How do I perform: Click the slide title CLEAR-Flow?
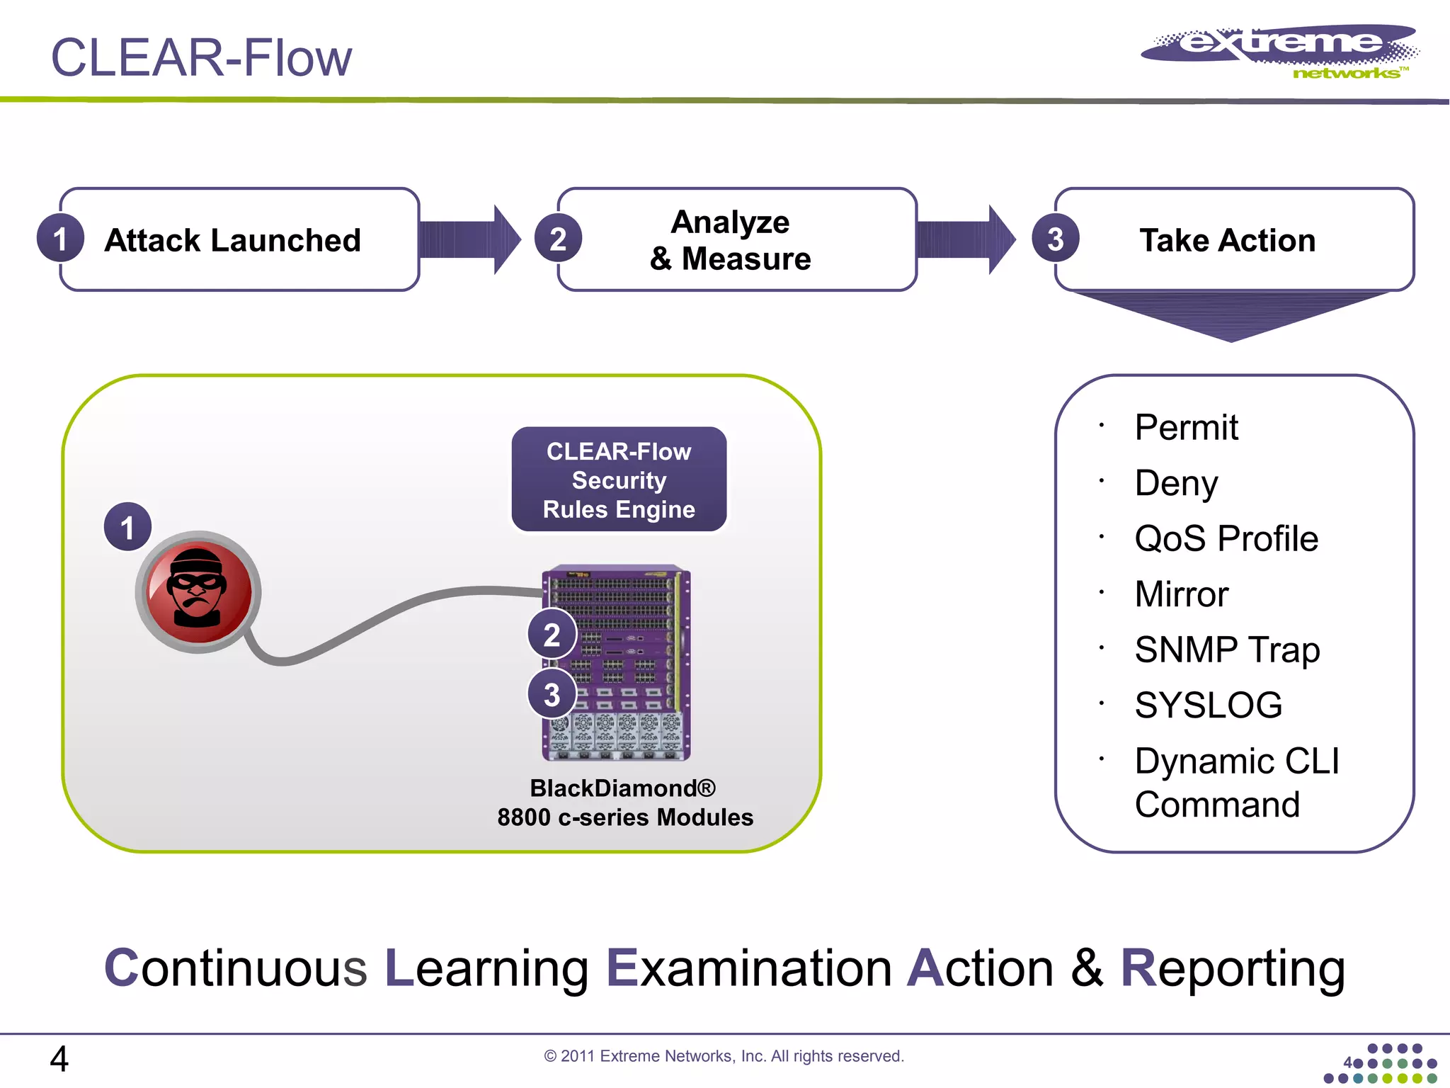pos(201,58)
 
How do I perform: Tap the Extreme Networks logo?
pos(1280,51)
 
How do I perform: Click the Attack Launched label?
pos(232,240)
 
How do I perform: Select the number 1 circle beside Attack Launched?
pos(60,239)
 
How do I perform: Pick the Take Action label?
pos(1227,240)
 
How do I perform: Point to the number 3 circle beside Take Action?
pos(1055,239)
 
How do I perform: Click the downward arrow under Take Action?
pos(1231,315)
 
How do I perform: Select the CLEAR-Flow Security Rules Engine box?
pos(619,480)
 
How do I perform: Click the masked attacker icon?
pos(198,590)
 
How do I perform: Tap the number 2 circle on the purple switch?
pos(552,634)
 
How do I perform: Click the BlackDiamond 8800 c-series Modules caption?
pos(624,803)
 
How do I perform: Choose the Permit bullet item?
pos(1186,427)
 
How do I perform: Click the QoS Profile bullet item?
pos(1226,538)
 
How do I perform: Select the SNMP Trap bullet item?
pos(1226,650)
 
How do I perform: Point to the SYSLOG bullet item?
pos(1208,705)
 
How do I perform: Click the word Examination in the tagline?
pos(748,968)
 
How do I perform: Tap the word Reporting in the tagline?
pos(1232,968)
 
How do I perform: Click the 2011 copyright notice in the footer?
pos(724,1056)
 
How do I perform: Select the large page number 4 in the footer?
pos(59,1059)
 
